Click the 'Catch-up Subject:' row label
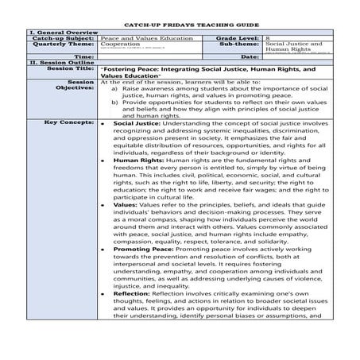click(x=66, y=38)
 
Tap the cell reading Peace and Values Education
click(x=138, y=38)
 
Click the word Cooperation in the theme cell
click(x=120, y=45)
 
